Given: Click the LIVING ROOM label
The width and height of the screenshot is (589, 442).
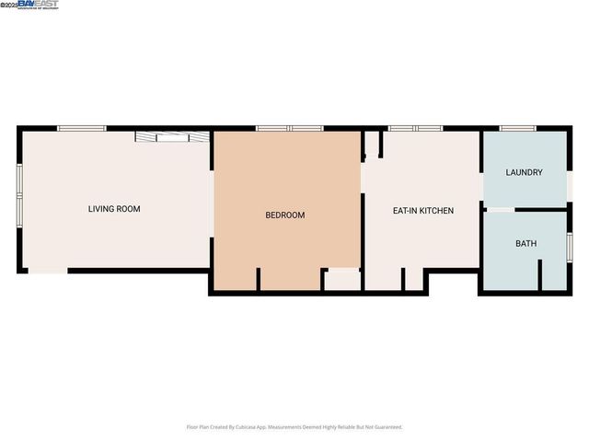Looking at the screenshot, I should (x=114, y=209).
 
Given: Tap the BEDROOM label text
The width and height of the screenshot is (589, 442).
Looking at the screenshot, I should (x=284, y=215).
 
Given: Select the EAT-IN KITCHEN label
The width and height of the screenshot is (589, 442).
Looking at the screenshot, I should (x=423, y=211).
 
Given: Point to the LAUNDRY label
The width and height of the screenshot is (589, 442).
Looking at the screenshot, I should (x=525, y=172).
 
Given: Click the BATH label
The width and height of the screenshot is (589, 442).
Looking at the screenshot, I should (x=525, y=244).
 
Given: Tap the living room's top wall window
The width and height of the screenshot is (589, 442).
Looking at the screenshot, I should (x=82, y=128).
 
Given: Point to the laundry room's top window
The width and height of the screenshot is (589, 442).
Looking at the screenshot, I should (x=518, y=128).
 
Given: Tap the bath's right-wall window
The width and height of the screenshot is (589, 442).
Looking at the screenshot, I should (x=570, y=245).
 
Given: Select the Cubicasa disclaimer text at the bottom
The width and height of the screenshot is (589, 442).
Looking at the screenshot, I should (x=294, y=427).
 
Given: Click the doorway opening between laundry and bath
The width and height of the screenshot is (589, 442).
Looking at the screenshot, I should (x=501, y=210).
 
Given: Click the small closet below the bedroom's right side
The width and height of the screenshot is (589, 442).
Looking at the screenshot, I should (x=342, y=281).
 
